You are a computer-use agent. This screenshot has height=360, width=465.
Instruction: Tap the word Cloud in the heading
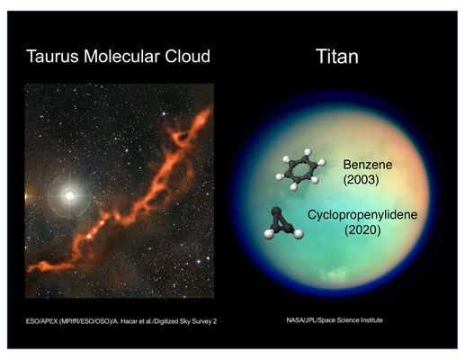click(187, 57)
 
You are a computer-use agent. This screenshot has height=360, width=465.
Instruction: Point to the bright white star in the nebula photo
click(66, 194)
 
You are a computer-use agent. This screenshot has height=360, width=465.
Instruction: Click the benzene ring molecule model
click(303, 168)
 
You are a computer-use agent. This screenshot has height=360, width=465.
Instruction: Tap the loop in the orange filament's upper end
click(183, 136)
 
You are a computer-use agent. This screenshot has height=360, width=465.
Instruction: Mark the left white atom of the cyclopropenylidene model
click(269, 233)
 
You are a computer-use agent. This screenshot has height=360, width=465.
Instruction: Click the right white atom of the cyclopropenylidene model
click(298, 234)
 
